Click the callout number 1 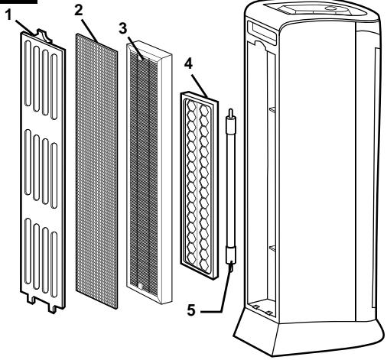coord(9,15)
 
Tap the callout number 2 coord(79,11)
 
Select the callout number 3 coord(123,28)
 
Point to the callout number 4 coord(188,63)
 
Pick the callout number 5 coord(191,310)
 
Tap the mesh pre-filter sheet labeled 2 coord(96,171)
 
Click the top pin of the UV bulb coord(231,112)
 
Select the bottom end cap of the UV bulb coord(231,255)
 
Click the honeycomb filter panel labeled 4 coord(200,185)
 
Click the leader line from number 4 coord(200,86)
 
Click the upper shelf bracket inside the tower coord(272,109)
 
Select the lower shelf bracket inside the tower coord(272,248)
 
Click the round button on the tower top coord(332,8)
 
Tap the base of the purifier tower coord(308,334)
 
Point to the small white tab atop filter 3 coord(140,58)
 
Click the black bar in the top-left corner coord(18,2)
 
